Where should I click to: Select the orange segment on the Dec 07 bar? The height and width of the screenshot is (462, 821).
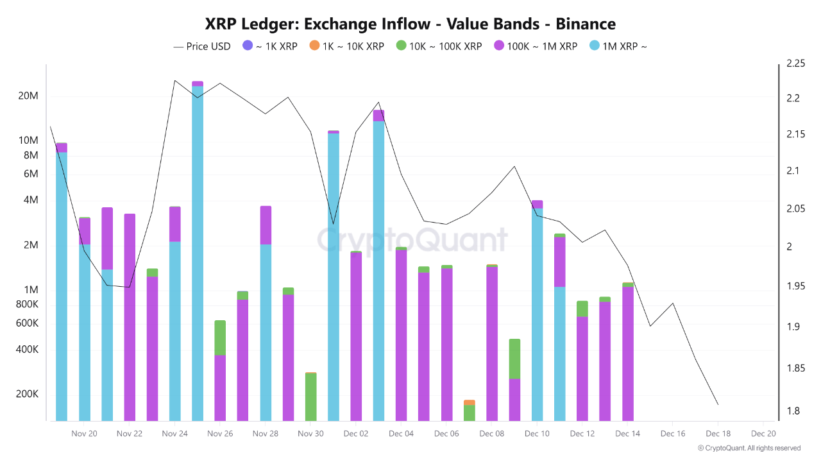tap(470, 402)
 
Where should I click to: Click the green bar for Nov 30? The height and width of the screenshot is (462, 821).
tap(310, 397)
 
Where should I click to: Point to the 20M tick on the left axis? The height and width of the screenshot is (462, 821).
tap(28, 96)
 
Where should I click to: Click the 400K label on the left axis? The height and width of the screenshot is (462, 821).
tap(28, 350)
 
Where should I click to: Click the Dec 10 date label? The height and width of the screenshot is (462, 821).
tap(537, 434)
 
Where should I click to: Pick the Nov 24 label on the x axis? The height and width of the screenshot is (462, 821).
tap(174, 434)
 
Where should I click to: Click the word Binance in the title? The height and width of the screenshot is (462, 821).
tap(586, 24)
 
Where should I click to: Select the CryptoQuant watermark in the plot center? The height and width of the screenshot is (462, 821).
tap(412, 239)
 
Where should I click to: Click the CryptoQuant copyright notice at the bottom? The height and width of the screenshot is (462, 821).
tap(749, 448)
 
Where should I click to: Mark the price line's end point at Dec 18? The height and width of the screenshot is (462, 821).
tap(718, 404)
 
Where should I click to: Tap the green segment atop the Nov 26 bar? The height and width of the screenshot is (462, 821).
tap(220, 338)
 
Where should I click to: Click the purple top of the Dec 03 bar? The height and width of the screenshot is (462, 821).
tap(378, 116)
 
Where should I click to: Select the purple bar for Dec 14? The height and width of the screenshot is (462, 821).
tap(628, 353)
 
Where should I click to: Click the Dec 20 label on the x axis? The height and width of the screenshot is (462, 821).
tap(763, 434)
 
